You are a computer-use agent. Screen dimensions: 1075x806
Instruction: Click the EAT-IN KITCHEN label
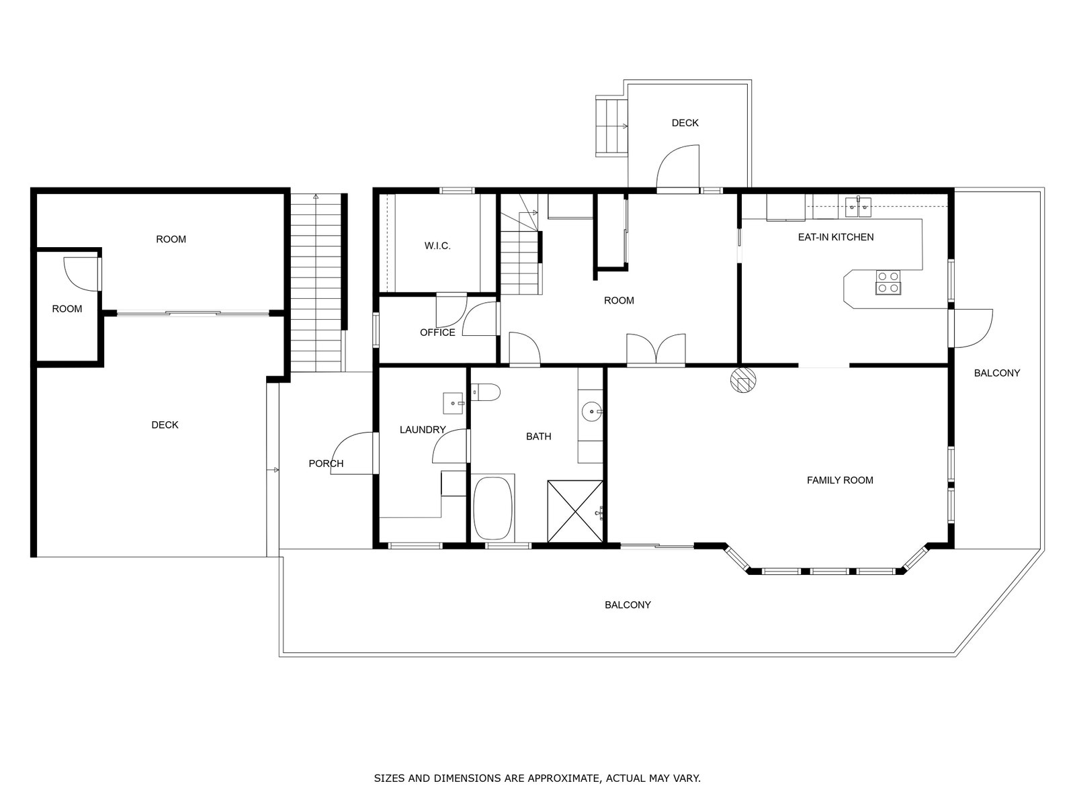(836, 237)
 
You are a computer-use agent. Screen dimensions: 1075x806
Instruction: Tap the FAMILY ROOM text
(840, 480)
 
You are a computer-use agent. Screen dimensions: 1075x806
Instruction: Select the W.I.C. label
(437, 246)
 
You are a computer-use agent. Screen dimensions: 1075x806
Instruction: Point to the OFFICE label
(437, 332)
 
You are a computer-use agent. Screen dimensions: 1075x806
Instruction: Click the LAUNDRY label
(423, 430)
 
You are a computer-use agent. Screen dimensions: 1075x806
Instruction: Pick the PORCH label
(326, 464)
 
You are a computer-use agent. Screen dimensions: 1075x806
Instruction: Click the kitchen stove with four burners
(888, 282)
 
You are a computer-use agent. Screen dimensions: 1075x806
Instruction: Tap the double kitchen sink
(858, 207)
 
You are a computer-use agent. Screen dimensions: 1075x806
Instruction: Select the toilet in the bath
(486, 392)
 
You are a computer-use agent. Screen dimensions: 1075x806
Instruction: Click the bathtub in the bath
(493, 508)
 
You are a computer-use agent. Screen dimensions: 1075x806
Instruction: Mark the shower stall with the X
(575, 511)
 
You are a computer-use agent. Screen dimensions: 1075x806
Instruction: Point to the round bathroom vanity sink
(592, 412)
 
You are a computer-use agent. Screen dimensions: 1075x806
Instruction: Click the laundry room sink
(453, 403)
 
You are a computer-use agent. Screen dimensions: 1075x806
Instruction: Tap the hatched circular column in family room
(743, 380)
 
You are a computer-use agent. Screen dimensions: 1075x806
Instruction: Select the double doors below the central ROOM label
(656, 349)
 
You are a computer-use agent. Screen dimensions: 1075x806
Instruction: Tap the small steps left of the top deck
(611, 126)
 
